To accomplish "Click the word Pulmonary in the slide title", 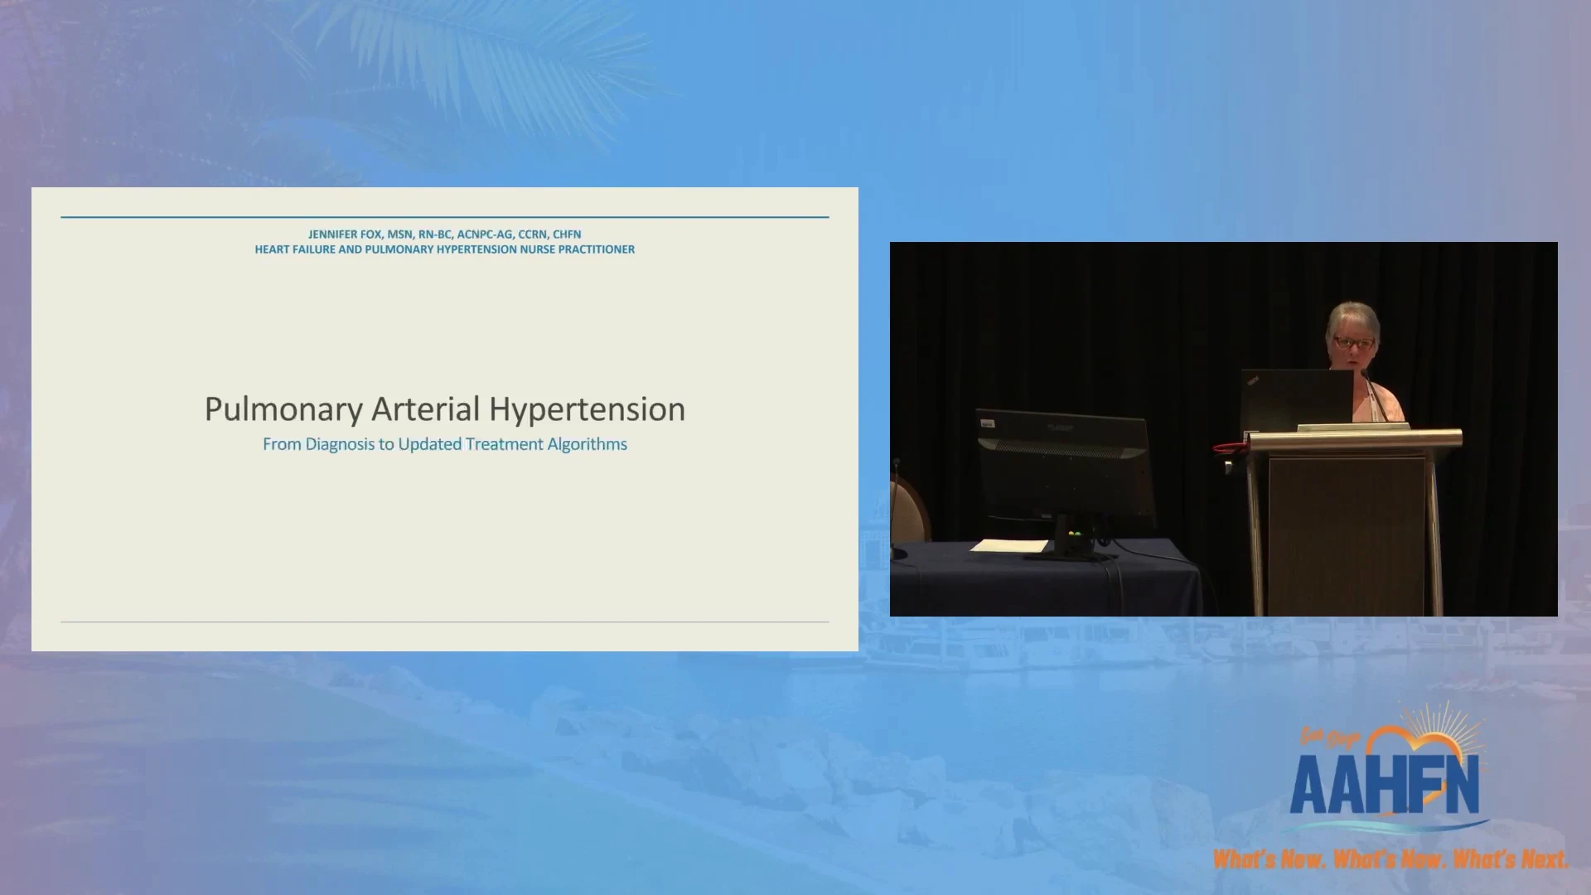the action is [x=283, y=410].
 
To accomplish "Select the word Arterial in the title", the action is [x=425, y=409].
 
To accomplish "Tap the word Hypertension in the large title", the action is [x=587, y=410].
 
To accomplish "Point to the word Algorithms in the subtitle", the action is [x=588, y=444].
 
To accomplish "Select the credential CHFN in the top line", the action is [x=567, y=235].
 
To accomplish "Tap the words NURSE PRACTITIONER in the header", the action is [x=577, y=249].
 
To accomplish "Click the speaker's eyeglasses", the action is [x=1353, y=343].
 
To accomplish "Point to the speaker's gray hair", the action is [x=1352, y=317].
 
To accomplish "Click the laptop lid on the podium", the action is [x=1297, y=399].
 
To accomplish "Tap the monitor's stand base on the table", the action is [x=1069, y=553].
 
